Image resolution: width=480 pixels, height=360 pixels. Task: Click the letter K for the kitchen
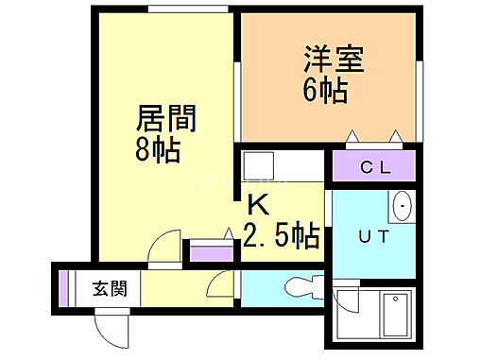257,203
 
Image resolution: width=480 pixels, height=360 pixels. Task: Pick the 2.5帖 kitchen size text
281,233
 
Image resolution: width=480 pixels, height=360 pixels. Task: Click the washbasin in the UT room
402,204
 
